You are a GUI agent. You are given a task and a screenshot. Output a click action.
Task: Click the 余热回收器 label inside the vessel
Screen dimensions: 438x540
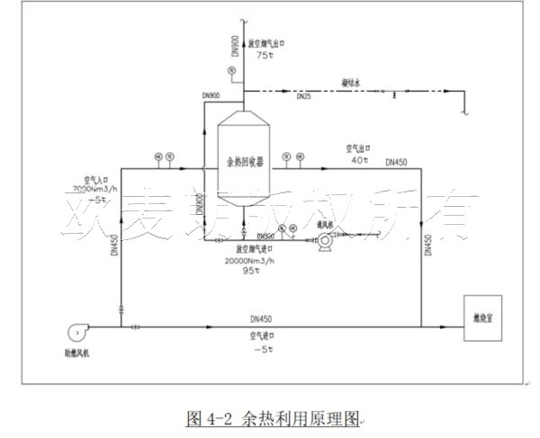[245, 162]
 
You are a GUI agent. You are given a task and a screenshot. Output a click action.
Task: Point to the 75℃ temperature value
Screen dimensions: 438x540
[264, 57]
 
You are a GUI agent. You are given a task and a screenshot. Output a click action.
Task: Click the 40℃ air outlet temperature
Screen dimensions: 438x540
[359, 160]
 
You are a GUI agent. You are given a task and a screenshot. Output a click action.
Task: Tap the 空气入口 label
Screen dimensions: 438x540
[97, 178]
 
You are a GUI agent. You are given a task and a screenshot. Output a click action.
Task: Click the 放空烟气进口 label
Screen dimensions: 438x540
[253, 250]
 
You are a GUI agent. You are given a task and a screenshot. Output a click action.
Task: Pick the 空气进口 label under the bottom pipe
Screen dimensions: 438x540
[263, 335]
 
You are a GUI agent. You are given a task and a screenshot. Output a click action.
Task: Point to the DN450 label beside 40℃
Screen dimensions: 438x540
[396, 163]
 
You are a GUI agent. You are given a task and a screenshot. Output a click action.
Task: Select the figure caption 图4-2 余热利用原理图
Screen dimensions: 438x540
[272, 418]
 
